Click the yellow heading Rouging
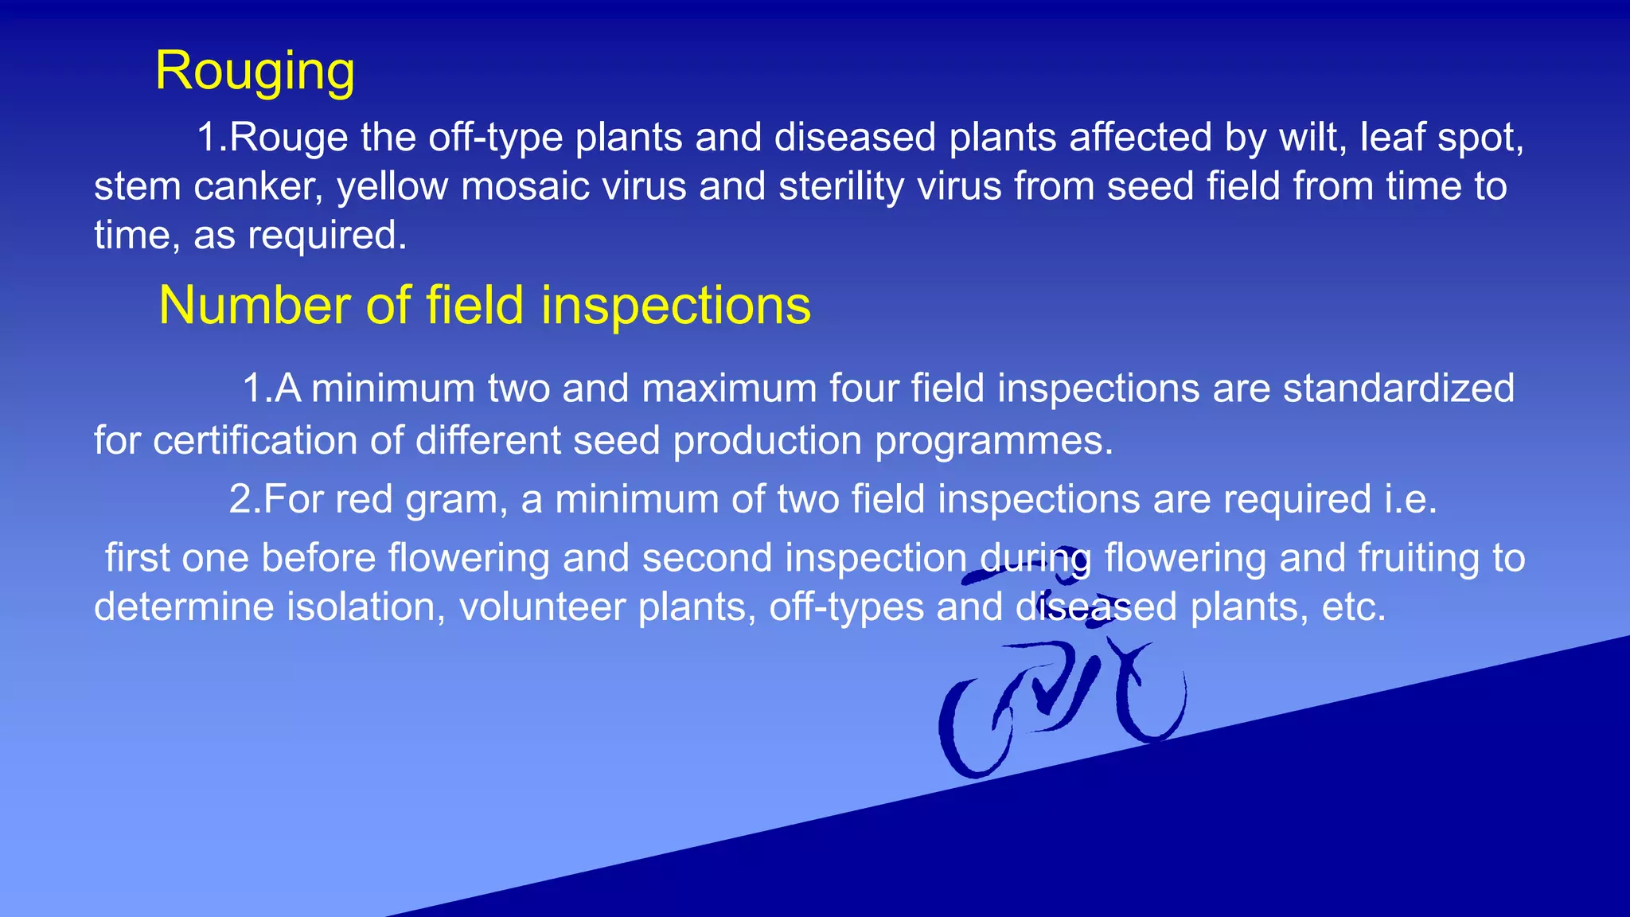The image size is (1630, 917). (x=255, y=72)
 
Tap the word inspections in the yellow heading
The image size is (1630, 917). (x=676, y=306)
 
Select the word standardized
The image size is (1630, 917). (x=1398, y=389)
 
